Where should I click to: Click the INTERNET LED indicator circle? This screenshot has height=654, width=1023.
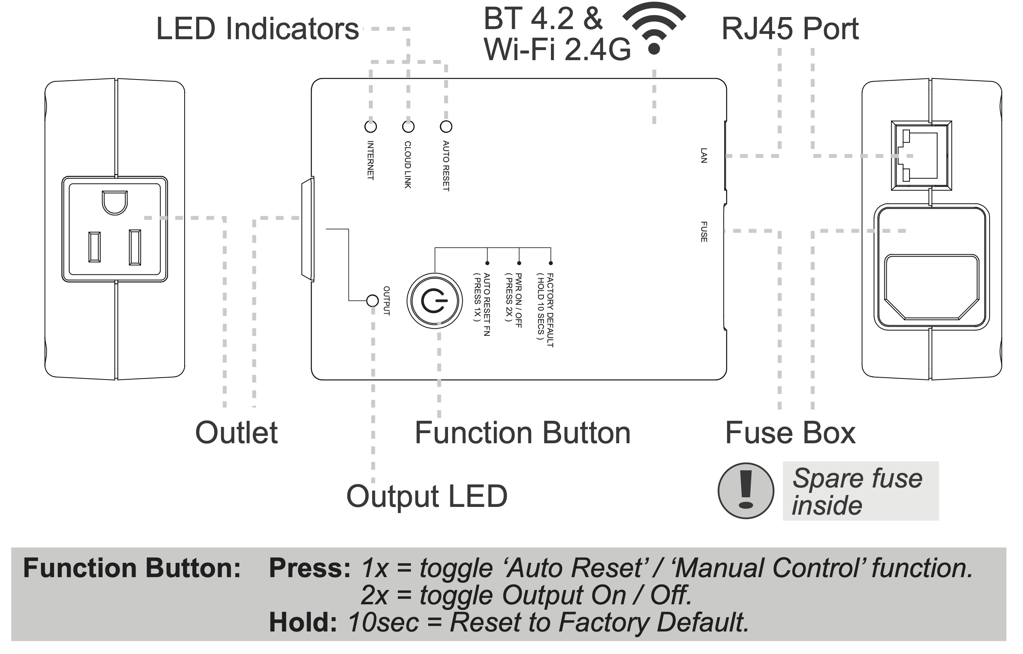[371, 127]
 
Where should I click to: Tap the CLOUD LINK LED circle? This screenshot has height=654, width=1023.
[408, 127]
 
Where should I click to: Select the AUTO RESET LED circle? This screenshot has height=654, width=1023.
[446, 127]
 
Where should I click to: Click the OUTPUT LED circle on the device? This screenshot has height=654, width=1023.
[373, 301]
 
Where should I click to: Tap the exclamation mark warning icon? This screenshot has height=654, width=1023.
[746, 491]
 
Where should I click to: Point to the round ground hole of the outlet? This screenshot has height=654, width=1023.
[115, 202]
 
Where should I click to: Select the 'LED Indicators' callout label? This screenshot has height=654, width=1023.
[258, 29]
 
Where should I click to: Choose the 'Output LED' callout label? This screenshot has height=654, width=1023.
[427, 496]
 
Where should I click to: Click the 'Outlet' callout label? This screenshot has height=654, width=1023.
[236, 433]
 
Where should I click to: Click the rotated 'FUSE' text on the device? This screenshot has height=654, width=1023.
[704, 232]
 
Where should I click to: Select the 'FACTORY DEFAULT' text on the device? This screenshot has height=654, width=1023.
[550, 310]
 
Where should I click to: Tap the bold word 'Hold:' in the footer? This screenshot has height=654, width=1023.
[303, 623]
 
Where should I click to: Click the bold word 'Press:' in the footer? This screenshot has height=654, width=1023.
[310, 568]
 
